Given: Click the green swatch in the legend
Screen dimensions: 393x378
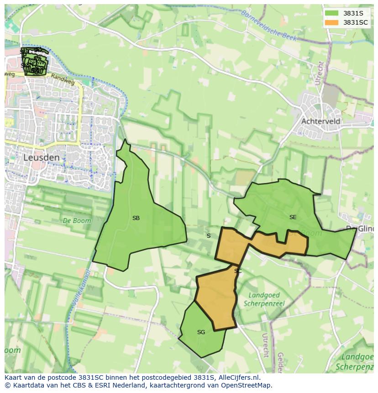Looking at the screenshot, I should (331, 13).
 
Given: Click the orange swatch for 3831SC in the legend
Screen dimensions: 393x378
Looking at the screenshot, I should (331, 22).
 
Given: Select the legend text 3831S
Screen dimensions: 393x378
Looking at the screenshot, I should (353, 13).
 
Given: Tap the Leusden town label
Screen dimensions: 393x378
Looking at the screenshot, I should (41, 157).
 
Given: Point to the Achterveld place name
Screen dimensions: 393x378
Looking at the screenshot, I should (320, 121).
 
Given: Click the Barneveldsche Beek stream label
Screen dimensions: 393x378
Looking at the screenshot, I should (269, 26).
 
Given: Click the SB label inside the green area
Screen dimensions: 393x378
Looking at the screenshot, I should (136, 218).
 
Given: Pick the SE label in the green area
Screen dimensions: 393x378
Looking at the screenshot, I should (293, 217).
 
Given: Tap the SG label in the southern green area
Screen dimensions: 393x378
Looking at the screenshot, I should (201, 332).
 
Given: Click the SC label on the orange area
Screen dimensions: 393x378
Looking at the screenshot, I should (237, 271).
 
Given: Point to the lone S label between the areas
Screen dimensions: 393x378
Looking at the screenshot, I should (209, 236).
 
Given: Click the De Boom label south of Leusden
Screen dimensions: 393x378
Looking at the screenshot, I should (77, 220).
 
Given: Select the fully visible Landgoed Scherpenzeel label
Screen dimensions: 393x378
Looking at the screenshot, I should (264, 299).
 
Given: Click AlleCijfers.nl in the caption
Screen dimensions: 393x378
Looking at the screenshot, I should (238, 377).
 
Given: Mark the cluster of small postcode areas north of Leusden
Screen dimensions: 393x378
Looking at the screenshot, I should (35, 62).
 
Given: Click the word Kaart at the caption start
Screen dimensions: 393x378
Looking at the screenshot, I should (14, 377).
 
